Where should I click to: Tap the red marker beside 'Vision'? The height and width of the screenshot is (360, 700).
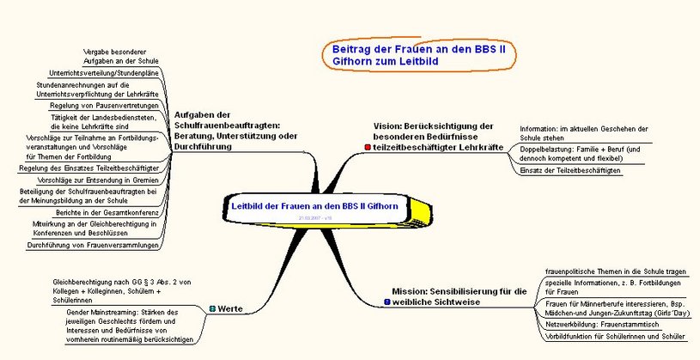click(368, 148)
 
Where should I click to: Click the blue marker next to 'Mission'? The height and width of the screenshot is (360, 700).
click(387, 302)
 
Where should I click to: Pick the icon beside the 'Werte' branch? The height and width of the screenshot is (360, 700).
click(212, 308)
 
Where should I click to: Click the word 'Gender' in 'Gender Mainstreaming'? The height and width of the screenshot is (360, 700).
click(81, 312)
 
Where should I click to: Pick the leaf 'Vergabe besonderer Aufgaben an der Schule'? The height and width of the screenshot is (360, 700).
click(119, 56)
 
